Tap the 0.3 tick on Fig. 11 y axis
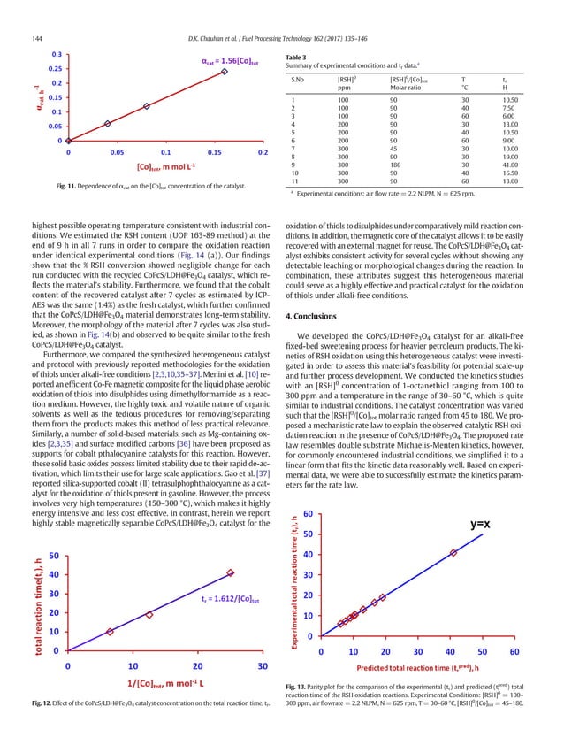tap(56, 54)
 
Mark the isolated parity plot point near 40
tap(453, 528)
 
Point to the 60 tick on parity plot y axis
tap(307, 488)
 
